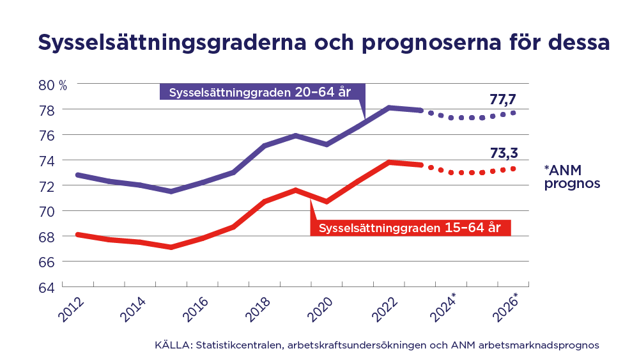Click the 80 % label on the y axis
click(x=52, y=84)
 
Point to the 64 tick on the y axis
click(x=45, y=287)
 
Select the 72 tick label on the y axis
click(x=45, y=186)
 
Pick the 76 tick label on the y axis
click(x=45, y=136)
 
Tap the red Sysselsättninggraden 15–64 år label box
click(x=410, y=227)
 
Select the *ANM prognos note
click(x=571, y=176)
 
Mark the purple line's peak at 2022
click(x=389, y=107)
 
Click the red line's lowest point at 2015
click(x=171, y=247)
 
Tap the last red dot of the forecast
click(x=513, y=169)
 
